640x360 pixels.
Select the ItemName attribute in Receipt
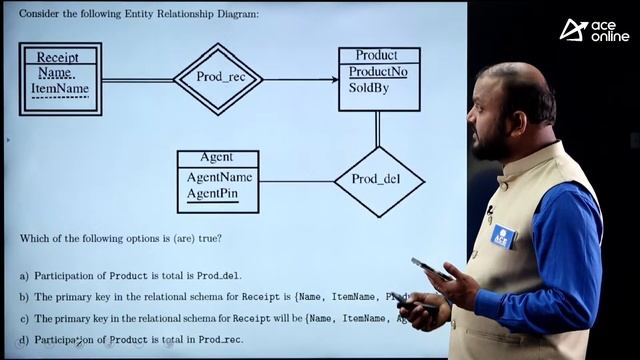pyautogui.click(x=60, y=89)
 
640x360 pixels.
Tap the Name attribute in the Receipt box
pyautogui.click(x=56, y=73)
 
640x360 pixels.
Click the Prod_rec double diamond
pyautogui.click(x=218, y=78)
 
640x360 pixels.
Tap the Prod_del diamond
pyautogui.click(x=379, y=181)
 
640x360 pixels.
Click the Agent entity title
pyautogui.click(x=217, y=157)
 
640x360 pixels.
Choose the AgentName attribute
pyautogui.click(x=219, y=177)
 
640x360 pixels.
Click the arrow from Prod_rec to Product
pyautogui.click(x=300, y=79)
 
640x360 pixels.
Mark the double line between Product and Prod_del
pyautogui.click(x=377, y=128)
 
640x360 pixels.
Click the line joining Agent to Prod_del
pyautogui.click(x=296, y=182)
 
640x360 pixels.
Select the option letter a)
pyautogui.click(x=23, y=275)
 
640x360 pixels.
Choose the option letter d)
pyautogui.click(x=23, y=340)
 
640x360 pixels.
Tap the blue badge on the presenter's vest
pyautogui.click(x=502, y=237)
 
